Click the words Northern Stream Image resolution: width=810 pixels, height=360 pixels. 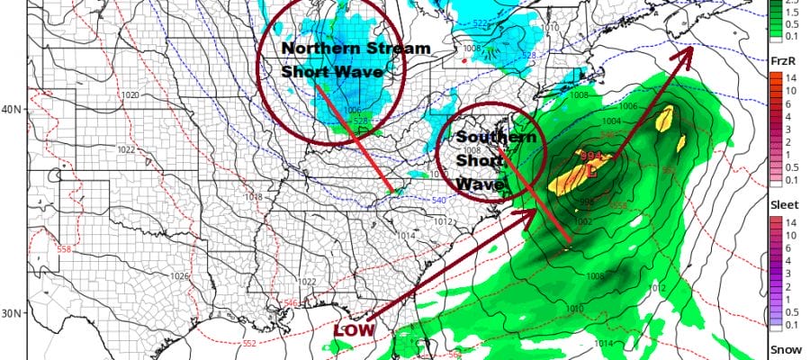click(x=331, y=49)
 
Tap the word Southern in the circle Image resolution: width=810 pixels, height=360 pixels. click(x=497, y=138)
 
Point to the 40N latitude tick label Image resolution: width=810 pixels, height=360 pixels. click(x=13, y=110)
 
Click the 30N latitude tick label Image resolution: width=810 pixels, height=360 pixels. click(x=13, y=313)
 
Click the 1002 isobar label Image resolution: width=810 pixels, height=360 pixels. click(x=583, y=221)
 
